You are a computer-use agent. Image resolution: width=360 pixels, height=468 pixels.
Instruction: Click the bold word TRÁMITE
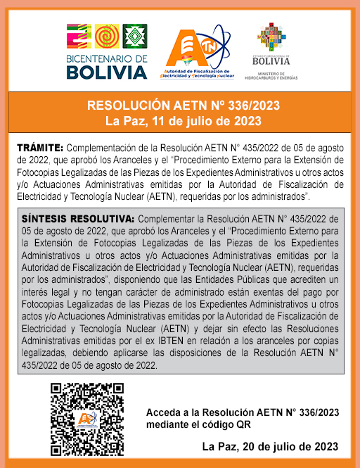tap(40, 148)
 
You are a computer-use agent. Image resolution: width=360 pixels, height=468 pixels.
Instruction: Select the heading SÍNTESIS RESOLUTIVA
tap(75, 219)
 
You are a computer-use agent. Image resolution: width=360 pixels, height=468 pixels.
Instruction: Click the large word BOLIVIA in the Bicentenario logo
tap(107, 72)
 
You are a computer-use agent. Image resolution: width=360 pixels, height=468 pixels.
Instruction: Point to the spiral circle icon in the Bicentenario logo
tap(107, 37)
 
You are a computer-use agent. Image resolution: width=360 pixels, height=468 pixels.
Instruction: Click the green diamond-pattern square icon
tap(135, 37)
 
